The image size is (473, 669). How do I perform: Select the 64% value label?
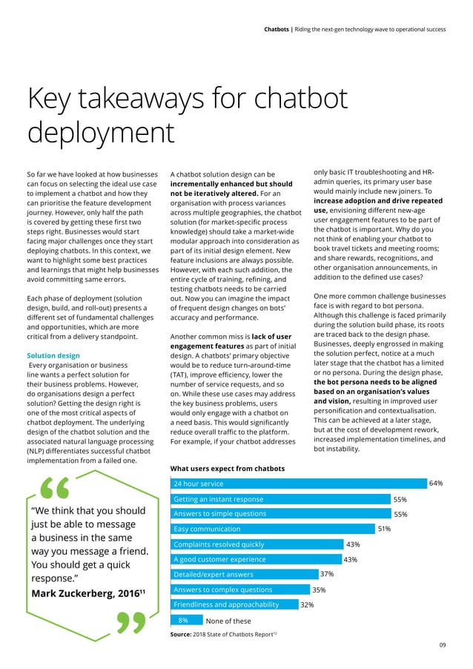436,484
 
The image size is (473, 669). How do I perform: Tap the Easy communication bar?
271,529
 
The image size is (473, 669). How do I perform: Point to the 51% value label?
384,530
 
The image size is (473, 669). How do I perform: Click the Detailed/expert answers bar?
242,574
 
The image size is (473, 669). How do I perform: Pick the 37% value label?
326,575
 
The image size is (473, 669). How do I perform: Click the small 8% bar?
185,620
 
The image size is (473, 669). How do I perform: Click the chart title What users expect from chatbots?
228,468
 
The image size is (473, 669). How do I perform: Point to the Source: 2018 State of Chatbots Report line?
223,636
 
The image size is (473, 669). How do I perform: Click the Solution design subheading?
54,356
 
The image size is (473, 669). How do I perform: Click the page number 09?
442,646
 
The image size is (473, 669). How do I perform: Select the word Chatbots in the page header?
279,30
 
